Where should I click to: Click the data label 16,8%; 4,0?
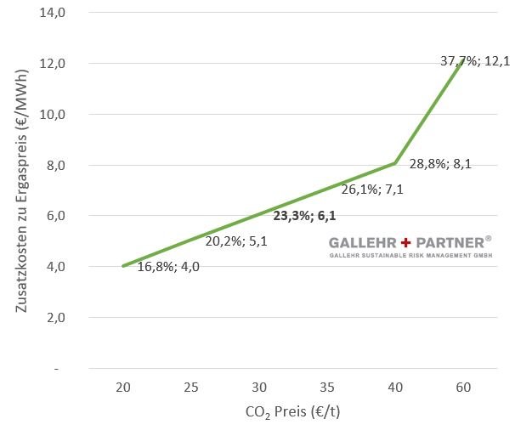[x=168, y=266]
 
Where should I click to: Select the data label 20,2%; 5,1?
[x=236, y=241]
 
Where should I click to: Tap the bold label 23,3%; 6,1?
[x=304, y=215]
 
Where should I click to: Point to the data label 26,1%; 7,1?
[x=371, y=190]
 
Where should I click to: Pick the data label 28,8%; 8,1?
[x=441, y=165]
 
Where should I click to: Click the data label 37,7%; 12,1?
[x=474, y=61]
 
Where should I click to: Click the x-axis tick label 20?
[x=123, y=388]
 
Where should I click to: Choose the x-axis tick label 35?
[x=327, y=388]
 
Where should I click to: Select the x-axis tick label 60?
[x=463, y=388]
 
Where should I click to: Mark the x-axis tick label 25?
[x=191, y=388]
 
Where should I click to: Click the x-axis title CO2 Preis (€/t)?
[x=293, y=412]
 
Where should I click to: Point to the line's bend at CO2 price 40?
[x=395, y=163]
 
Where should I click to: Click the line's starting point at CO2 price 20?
[x=123, y=266]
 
